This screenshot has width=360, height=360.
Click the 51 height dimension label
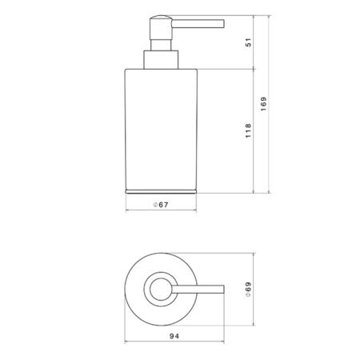point(248,42)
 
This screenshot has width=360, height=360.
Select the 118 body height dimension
point(248,130)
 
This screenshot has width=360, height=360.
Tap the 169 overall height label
point(263,104)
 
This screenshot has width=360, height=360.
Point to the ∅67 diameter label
point(161,205)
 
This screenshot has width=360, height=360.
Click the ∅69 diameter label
point(248,290)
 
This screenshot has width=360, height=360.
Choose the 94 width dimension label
point(174,336)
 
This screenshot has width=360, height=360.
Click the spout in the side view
point(198,23)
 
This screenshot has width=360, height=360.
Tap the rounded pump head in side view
point(161,27)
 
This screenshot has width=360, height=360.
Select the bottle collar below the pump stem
point(161,60)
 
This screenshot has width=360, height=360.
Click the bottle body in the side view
point(161,130)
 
